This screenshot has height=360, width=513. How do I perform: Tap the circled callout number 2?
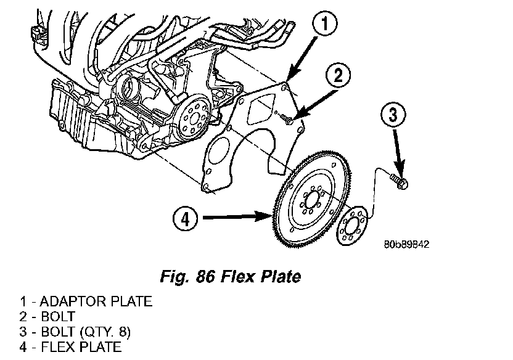click(339, 76)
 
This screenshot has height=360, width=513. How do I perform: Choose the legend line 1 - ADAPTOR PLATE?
click(85, 302)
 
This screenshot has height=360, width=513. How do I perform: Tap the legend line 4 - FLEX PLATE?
click(70, 346)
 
